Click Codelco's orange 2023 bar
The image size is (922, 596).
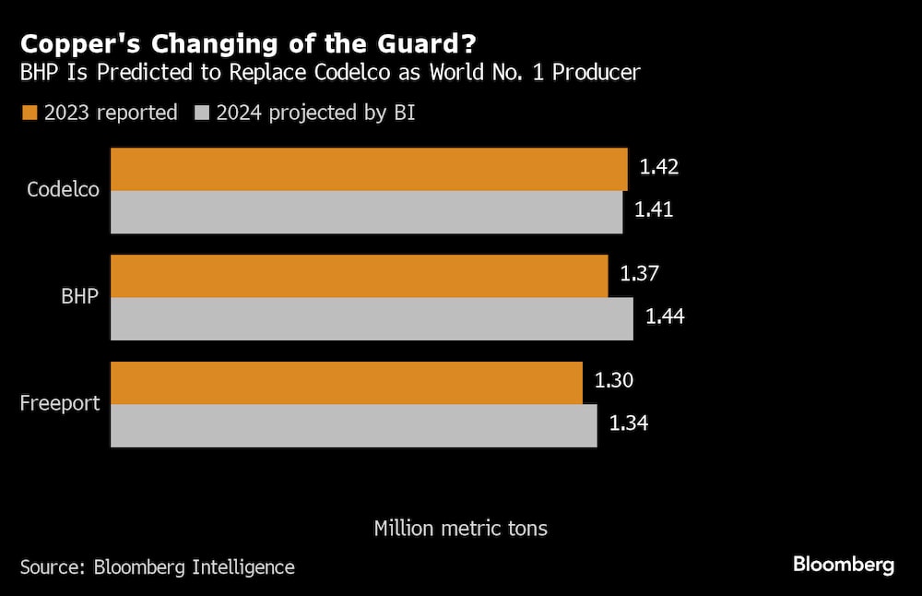tap(369, 169)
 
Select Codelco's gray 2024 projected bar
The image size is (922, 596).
tap(367, 211)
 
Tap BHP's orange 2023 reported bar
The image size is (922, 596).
tap(360, 276)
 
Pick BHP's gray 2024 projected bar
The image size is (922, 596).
tap(372, 318)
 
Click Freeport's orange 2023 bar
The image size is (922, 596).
tap(347, 383)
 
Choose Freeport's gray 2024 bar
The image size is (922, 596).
tap(354, 425)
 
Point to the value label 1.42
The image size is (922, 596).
tap(659, 167)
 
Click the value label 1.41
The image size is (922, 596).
tap(654, 209)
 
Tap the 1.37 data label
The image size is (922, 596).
tap(640, 274)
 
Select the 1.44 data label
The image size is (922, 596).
tap(665, 316)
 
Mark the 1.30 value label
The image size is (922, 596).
tap(614, 380)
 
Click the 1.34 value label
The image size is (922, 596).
tap(629, 423)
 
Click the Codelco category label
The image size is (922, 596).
tap(63, 190)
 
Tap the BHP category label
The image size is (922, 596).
tap(79, 296)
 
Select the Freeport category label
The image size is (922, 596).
tap(60, 403)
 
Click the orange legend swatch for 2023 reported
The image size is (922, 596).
tap(29, 113)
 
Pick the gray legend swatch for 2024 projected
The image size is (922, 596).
tap(202, 113)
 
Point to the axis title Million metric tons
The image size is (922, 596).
tap(460, 528)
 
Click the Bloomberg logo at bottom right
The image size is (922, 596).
tap(843, 565)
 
